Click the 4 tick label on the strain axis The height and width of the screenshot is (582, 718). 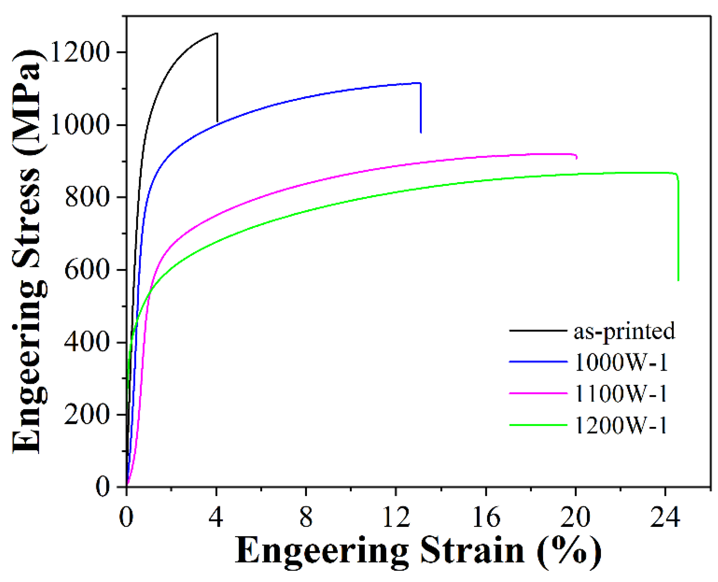pyautogui.click(x=216, y=517)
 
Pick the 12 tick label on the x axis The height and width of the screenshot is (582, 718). pyautogui.click(x=396, y=517)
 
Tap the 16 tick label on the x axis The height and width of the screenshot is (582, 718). pyautogui.click(x=486, y=517)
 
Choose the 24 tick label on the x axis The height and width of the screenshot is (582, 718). pyautogui.click(x=665, y=517)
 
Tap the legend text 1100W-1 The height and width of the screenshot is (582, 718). pyautogui.click(x=621, y=394)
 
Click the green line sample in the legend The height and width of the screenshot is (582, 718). pyautogui.click(x=538, y=425)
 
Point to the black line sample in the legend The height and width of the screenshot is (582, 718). pyautogui.click(x=538, y=331)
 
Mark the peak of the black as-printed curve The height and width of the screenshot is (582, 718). pyautogui.click(x=217, y=34)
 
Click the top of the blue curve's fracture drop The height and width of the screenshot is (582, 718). pyautogui.click(x=420, y=83)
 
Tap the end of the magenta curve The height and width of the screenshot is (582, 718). pyautogui.click(x=577, y=159)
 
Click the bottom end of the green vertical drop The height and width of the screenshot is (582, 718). pyautogui.click(x=678, y=280)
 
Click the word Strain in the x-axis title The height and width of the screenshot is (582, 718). pyautogui.click(x=472, y=551)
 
